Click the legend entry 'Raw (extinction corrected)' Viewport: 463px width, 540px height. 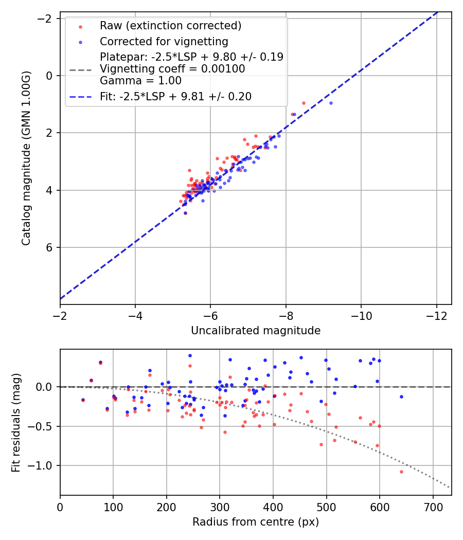click(x=170, y=26)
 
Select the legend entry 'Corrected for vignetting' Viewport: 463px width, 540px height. click(x=164, y=41)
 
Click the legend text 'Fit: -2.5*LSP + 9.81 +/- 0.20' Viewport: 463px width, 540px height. click(x=175, y=96)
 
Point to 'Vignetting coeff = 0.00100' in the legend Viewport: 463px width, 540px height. click(x=172, y=69)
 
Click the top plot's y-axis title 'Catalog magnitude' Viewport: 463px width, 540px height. click(x=27, y=158)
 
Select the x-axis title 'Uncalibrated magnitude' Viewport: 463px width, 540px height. click(x=256, y=331)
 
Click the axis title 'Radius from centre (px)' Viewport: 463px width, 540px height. click(x=256, y=522)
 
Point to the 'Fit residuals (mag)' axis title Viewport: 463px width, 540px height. click(x=16, y=422)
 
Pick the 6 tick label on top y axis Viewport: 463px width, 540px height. click(x=49, y=247)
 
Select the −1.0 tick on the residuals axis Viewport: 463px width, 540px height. click(x=45, y=465)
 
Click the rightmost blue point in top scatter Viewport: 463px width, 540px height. click(x=331, y=103)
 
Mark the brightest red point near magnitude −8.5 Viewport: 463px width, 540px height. click(x=304, y=103)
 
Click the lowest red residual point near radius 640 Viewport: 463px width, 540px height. click(x=401, y=472)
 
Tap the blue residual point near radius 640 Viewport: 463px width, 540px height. click(x=401, y=397)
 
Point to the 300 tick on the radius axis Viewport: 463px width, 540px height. click(x=220, y=508)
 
